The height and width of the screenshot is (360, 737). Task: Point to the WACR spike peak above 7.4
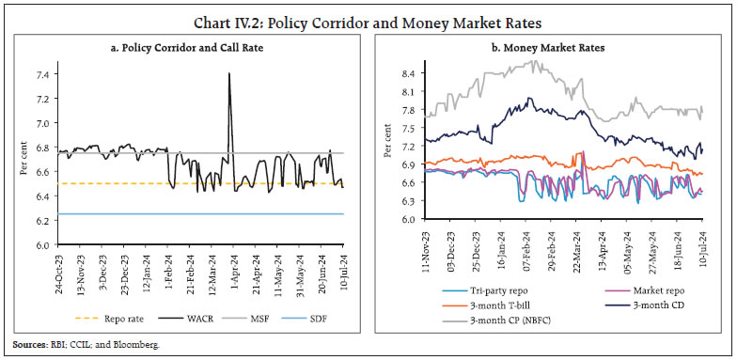point(229,73)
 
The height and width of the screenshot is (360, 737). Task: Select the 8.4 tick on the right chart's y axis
point(406,72)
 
